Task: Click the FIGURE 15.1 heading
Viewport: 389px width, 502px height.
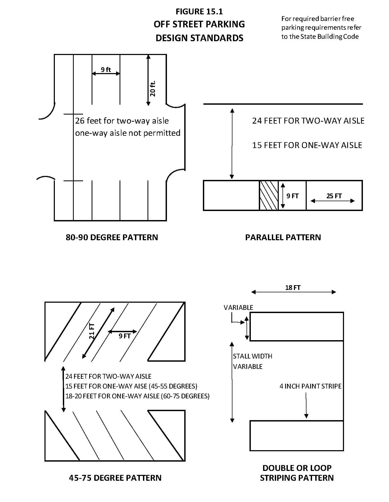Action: [x=199, y=11]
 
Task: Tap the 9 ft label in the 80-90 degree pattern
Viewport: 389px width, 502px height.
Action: [x=106, y=70]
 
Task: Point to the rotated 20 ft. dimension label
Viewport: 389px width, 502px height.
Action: [x=153, y=88]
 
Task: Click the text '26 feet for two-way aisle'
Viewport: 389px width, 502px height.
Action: [x=122, y=121]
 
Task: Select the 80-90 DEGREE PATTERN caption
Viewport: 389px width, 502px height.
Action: [x=112, y=237]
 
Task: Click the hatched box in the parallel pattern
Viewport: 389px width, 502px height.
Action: [x=269, y=196]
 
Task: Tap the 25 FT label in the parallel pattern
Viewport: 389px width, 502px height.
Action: [x=334, y=196]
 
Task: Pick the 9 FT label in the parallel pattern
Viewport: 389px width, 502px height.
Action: [x=292, y=196]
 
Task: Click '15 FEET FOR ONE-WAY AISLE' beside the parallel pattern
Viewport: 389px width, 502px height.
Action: [x=307, y=145]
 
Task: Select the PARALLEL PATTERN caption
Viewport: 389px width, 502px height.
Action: [x=283, y=237]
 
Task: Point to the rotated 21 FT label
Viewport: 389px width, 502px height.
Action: [x=92, y=330]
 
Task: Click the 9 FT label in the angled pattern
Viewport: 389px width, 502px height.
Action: [x=125, y=336]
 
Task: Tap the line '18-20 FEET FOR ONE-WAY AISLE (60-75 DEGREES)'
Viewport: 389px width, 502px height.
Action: [x=137, y=396]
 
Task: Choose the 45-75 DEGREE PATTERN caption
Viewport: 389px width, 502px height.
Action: [x=115, y=478]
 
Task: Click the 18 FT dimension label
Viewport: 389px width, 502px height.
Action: [x=293, y=288]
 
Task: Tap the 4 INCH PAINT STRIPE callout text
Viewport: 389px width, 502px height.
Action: [x=310, y=386]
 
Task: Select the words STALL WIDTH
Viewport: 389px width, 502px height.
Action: [x=252, y=356]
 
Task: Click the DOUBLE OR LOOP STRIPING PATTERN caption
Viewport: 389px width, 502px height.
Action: [x=297, y=473]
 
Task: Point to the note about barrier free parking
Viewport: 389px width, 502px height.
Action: [x=321, y=28]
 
